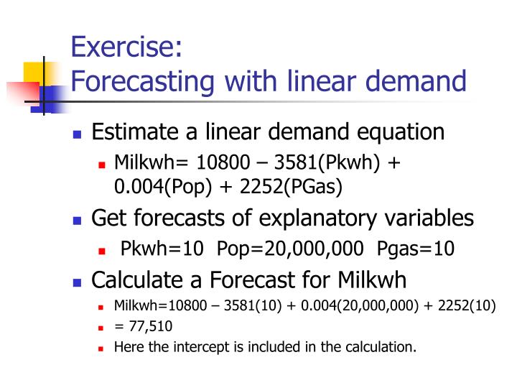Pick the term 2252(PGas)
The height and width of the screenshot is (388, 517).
click(x=292, y=187)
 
